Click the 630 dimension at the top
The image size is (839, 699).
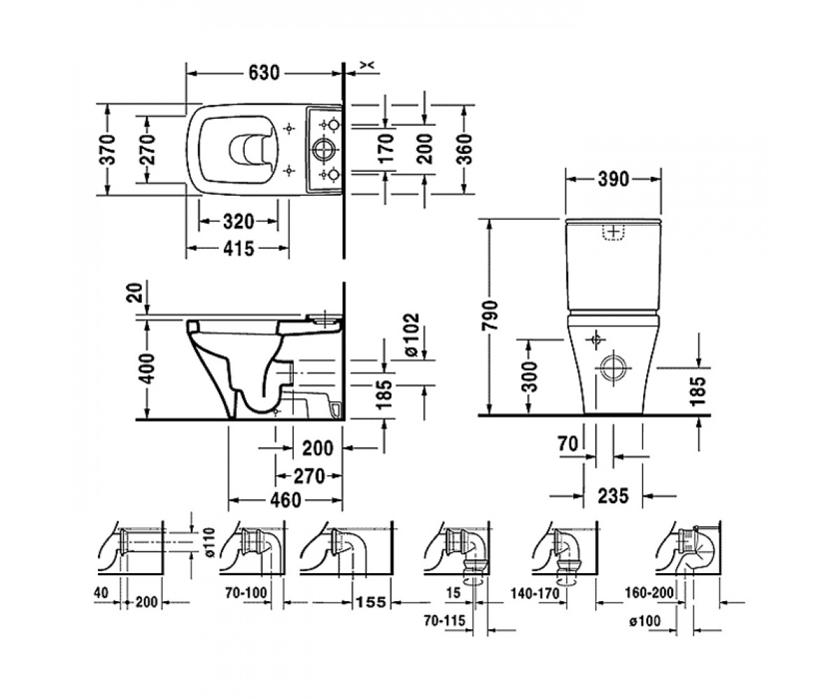[264, 73]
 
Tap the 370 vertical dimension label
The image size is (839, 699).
[108, 150]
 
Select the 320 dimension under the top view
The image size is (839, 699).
[238, 222]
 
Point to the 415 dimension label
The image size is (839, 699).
[238, 249]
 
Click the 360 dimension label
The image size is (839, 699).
[466, 150]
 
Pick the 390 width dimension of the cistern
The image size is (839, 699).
[613, 179]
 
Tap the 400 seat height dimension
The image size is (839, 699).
[148, 368]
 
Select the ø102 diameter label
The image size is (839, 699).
[413, 335]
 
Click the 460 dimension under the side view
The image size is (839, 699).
[285, 500]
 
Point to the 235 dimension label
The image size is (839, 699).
[613, 496]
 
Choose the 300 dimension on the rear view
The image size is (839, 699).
[529, 377]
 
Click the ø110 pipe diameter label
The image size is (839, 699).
[210, 542]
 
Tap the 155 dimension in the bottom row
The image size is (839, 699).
[371, 602]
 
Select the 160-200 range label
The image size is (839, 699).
[650, 593]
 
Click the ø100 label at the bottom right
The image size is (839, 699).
[645, 621]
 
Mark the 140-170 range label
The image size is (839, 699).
[536, 593]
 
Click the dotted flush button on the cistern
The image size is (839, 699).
[614, 233]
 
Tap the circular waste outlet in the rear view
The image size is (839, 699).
[613, 368]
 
